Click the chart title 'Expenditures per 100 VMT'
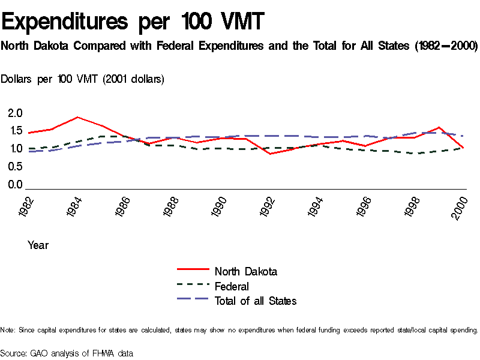[x=133, y=22]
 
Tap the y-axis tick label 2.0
[x=15, y=113]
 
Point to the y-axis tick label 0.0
[x=15, y=185]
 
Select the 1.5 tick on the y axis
[x=15, y=131]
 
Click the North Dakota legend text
[x=246, y=271]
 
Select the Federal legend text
[x=232, y=286]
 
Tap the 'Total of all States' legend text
[x=256, y=301]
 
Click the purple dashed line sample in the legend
[x=193, y=298]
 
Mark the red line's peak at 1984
[x=77, y=117]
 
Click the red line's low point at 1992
[x=271, y=154]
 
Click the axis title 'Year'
[x=38, y=245]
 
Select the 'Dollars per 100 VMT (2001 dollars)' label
[x=83, y=79]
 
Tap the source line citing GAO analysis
[x=67, y=353]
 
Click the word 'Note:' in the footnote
[x=8, y=330]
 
